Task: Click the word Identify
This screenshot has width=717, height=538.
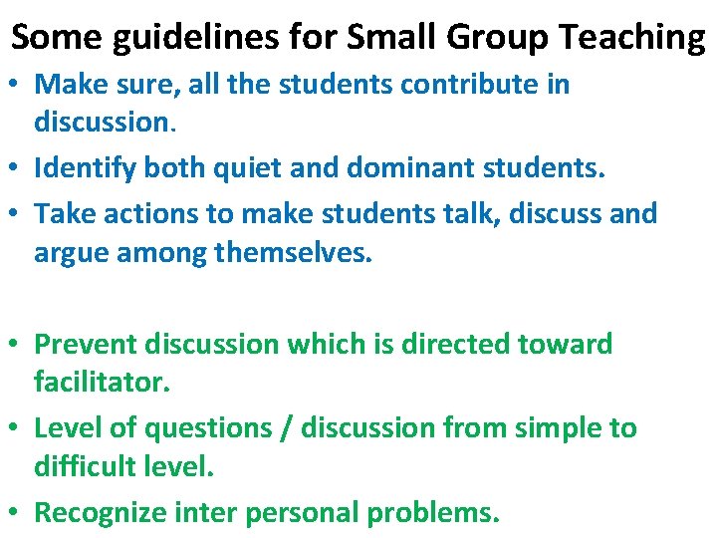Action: tap(86, 169)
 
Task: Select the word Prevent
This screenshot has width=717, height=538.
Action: tap(86, 345)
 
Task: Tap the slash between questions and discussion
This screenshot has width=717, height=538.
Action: tap(287, 428)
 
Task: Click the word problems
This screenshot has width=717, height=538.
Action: tap(432, 513)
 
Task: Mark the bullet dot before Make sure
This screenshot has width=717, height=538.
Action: tap(19, 86)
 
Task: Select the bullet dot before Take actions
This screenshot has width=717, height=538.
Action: tap(19, 214)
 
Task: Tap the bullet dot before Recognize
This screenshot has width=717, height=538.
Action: tap(19, 514)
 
